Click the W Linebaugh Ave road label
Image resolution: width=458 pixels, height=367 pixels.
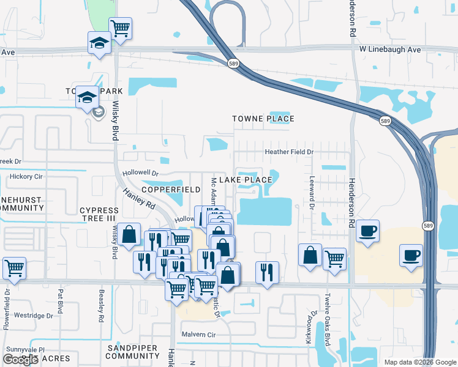[x=390, y=49]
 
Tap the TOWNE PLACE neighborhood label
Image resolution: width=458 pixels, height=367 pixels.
[x=263, y=119]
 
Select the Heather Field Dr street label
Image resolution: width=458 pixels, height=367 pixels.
[x=288, y=152]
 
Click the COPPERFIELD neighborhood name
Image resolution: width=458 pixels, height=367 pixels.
[x=172, y=190]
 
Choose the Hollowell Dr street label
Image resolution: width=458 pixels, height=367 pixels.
[x=140, y=174]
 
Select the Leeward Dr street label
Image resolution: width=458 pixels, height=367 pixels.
[x=312, y=193]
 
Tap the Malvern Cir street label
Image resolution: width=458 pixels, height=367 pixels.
[x=199, y=335]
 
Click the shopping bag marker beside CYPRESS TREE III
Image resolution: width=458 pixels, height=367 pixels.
[x=130, y=234]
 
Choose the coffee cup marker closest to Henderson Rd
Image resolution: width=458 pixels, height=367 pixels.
[x=367, y=231]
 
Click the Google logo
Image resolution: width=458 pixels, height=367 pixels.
[x=20, y=360]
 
